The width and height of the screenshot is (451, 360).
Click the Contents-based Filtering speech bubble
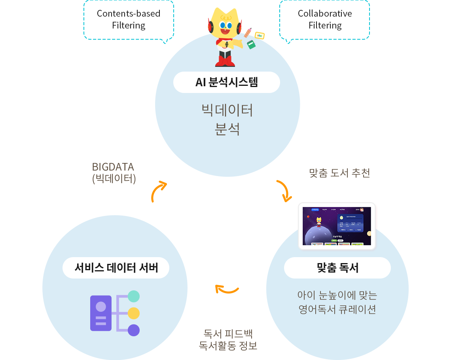[x=129, y=20]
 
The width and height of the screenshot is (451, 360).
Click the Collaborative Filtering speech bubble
[x=324, y=20]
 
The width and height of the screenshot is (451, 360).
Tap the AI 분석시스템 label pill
[x=227, y=82]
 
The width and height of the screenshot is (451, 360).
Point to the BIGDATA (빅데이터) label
[x=114, y=172]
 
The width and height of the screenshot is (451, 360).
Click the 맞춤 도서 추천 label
[x=339, y=173]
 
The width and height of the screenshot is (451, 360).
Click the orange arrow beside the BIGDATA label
[x=159, y=191]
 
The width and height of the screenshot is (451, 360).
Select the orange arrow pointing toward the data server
[x=227, y=290]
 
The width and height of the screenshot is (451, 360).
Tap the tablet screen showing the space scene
[x=337, y=226]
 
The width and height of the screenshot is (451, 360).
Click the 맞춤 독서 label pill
[x=337, y=268]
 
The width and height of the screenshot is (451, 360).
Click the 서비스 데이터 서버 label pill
[x=116, y=268]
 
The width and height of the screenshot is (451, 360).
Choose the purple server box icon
[x=101, y=313]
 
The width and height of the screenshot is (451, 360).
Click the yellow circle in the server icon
[x=134, y=313]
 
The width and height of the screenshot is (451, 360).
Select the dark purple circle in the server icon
[x=134, y=330]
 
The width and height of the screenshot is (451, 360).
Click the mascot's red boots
[x=225, y=61]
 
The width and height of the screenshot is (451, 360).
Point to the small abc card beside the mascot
[x=260, y=36]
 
